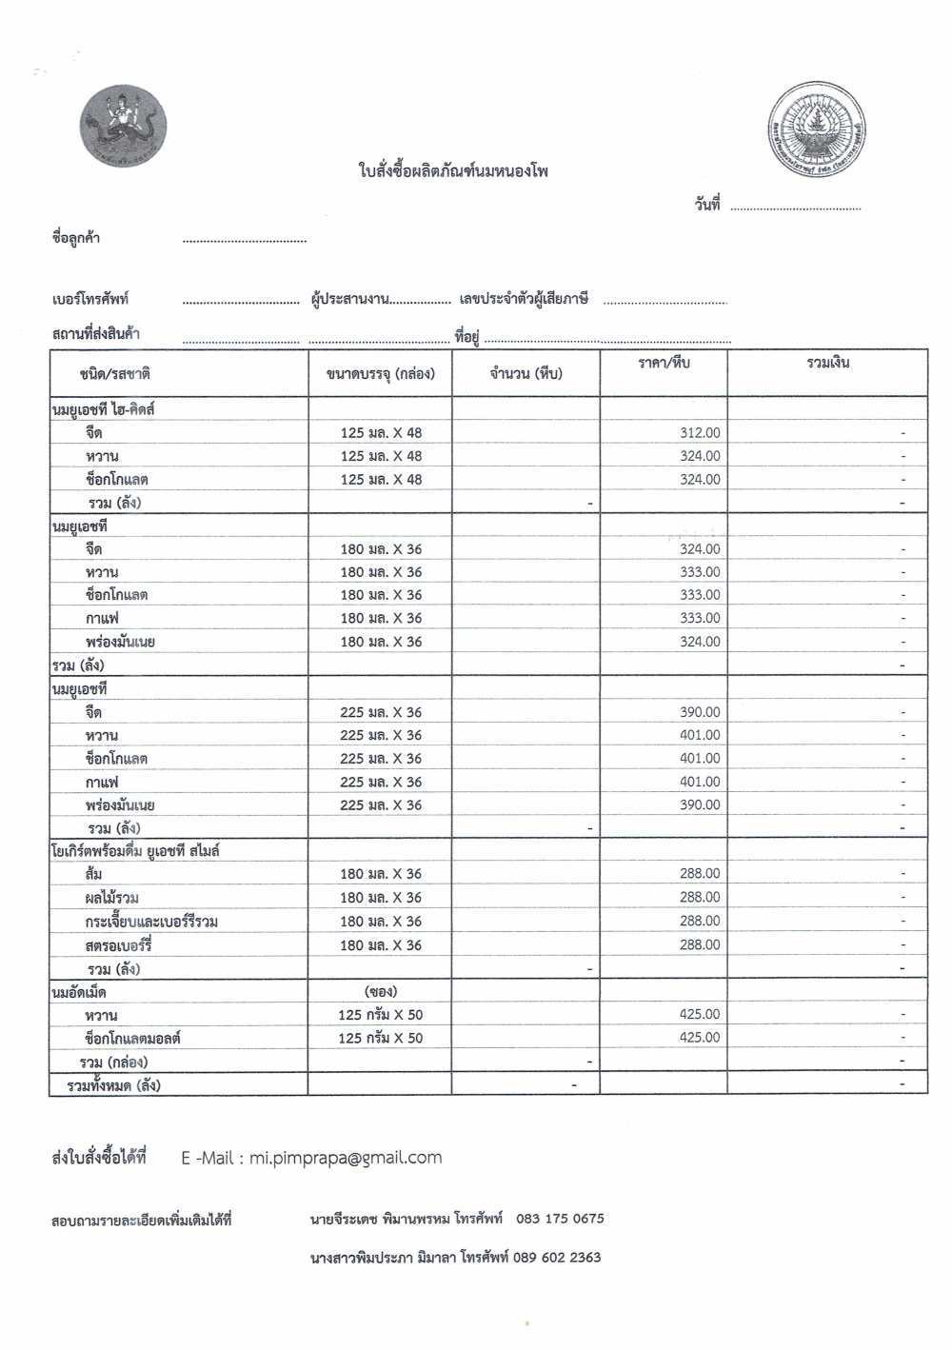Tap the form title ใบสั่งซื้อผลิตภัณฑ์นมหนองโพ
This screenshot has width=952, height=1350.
click(453, 172)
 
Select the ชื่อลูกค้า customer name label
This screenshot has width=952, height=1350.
click(76, 238)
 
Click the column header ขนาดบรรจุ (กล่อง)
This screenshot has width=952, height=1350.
click(380, 373)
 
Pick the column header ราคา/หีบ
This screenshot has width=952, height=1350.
click(664, 363)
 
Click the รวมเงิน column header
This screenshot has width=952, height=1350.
click(827, 363)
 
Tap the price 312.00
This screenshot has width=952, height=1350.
click(700, 432)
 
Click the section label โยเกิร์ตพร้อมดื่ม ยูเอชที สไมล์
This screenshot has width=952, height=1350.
click(135, 850)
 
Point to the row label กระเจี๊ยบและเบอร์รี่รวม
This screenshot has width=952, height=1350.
click(151, 922)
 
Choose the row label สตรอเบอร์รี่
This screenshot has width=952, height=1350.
click(118, 945)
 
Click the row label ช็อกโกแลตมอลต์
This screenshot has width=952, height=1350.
click(132, 1038)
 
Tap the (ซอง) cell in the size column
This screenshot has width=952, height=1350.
click(380, 991)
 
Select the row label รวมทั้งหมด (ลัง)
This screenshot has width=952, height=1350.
click(113, 1084)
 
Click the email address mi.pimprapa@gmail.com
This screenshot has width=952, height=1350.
click(346, 1158)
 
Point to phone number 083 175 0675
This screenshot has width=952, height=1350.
click(560, 1219)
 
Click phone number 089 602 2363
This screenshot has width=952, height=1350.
click(557, 1257)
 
